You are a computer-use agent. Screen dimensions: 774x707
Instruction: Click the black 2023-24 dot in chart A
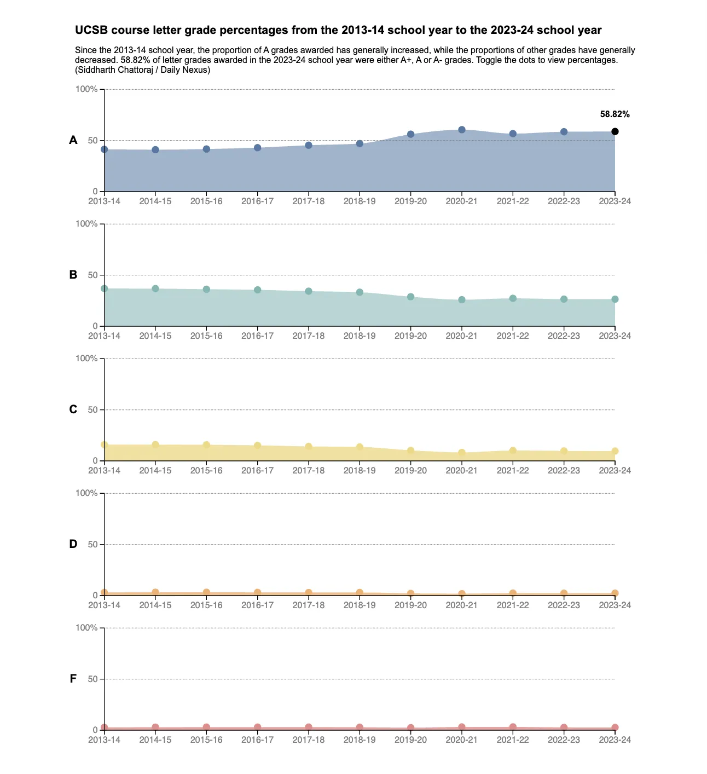[615, 131]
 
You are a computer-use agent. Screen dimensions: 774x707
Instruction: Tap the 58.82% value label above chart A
[615, 114]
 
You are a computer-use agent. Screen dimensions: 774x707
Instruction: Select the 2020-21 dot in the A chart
[462, 130]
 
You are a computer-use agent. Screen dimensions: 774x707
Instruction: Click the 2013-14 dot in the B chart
[105, 288]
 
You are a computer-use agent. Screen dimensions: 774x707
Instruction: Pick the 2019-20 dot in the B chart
[411, 297]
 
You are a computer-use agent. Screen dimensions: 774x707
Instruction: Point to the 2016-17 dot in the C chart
[258, 446]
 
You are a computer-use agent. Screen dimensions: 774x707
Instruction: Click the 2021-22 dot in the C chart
[513, 450]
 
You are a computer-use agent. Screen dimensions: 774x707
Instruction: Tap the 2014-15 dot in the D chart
[155, 592]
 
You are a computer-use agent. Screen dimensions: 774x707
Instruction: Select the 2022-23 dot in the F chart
[564, 728]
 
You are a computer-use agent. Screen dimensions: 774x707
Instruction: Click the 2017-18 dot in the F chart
[309, 727]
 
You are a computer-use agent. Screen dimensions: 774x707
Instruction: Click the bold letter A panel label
[73, 140]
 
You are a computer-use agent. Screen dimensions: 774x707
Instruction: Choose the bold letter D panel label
[73, 544]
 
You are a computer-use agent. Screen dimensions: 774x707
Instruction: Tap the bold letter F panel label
[73, 679]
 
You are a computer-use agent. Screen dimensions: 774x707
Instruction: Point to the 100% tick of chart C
[86, 359]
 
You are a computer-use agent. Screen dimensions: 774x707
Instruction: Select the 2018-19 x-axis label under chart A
[360, 201]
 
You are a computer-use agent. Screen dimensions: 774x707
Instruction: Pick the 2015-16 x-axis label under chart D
[206, 605]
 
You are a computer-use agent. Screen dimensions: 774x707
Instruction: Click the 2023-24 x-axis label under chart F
[615, 740]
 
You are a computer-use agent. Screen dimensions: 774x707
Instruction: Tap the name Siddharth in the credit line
[96, 70]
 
